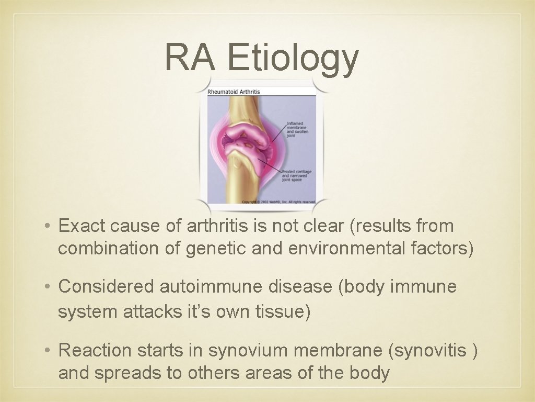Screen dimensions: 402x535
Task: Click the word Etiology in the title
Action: pos(293,58)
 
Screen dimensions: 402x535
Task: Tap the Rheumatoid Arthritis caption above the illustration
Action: pos(234,92)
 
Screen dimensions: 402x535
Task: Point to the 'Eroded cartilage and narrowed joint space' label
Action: pos(296,175)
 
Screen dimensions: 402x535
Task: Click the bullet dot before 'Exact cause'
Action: pos(47,227)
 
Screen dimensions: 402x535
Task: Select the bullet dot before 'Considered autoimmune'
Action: pos(47,287)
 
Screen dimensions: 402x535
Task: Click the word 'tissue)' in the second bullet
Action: pos(283,312)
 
